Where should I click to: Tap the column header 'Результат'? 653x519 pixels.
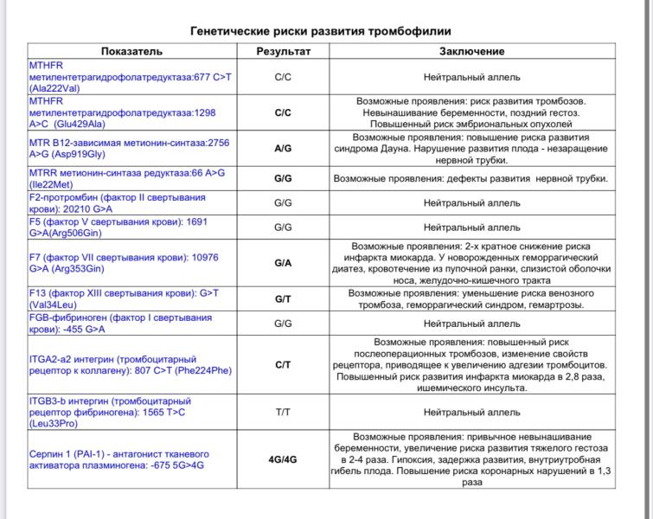pos(283,52)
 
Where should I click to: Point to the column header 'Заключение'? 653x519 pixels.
pos(471,52)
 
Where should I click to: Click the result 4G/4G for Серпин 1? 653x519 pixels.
pos(283,459)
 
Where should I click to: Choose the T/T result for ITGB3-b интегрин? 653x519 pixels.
pos(283,412)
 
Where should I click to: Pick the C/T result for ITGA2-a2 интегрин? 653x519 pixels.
pos(283,365)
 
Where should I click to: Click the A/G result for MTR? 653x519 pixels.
pos(283,148)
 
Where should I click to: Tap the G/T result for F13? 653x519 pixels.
pos(283,298)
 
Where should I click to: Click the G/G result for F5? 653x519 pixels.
pos(283,227)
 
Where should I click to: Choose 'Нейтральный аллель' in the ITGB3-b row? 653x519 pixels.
pos(471,412)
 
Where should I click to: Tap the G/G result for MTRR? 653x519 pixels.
pos(283,179)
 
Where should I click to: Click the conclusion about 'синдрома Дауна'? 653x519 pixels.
pos(471,148)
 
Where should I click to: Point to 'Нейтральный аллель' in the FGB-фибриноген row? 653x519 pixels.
pos(471,323)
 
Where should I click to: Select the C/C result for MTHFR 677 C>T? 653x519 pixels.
pos(283,76)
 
